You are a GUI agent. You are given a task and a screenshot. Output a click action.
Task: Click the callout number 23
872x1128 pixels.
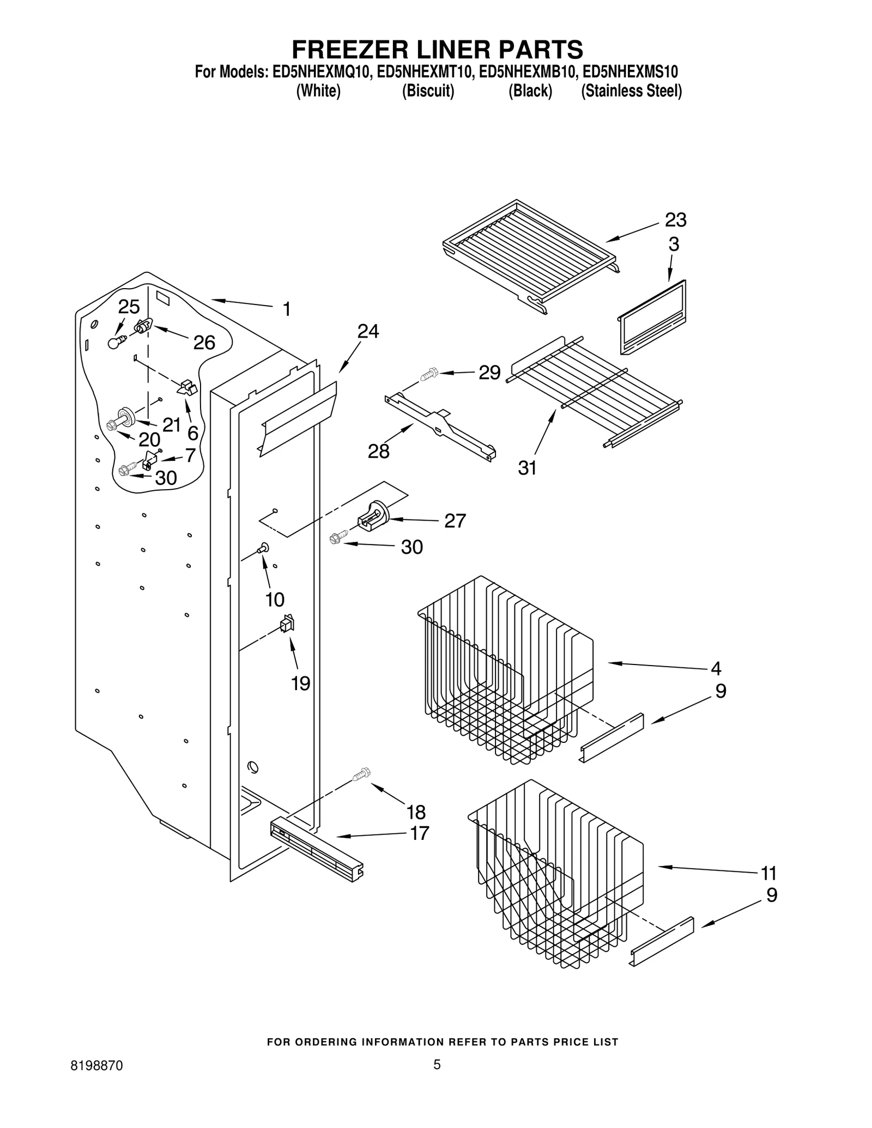click(x=675, y=220)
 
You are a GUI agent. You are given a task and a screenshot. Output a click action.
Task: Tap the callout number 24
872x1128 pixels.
click(x=368, y=331)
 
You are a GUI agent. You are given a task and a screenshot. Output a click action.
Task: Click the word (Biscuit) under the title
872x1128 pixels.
click(x=428, y=91)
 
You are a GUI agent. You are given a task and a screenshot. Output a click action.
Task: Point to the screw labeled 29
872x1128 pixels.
click(x=429, y=375)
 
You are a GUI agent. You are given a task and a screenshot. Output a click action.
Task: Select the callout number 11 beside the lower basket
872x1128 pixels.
click(x=768, y=874)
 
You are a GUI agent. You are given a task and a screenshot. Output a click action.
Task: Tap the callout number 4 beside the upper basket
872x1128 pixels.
click(x=716, y=668)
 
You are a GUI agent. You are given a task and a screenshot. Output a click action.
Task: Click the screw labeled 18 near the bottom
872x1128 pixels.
click(x=361, y=774)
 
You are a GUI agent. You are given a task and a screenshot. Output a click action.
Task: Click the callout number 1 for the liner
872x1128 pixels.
click(x=287, y=309)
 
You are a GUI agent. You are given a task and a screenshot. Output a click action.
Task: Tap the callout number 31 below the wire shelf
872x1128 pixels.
click(x=527, y=468)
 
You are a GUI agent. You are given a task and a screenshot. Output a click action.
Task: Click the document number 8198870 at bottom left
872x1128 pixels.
click(x=96, y=1066)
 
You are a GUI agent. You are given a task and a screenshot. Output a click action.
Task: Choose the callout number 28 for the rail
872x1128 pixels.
click(x=378, y=452)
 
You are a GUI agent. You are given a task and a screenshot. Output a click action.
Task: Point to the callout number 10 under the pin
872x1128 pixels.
click(x=275, y=600)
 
